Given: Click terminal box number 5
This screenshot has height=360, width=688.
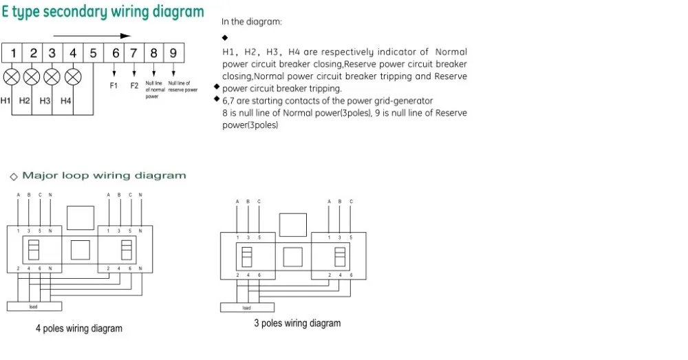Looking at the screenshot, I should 93,53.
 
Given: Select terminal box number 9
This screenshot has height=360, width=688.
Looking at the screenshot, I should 173,53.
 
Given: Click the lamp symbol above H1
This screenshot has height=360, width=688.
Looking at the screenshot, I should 12,75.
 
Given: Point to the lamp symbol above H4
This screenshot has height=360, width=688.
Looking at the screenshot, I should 72,75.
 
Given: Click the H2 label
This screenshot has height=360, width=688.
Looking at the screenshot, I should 25,101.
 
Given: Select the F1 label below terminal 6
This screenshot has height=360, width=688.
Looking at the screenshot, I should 114,86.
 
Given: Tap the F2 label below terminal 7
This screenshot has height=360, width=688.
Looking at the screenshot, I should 134,86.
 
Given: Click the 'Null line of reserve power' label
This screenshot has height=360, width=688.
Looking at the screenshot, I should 182,87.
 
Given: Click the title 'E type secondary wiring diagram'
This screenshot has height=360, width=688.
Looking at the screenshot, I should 103,12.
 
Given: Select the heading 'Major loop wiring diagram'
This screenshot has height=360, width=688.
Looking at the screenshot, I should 104,176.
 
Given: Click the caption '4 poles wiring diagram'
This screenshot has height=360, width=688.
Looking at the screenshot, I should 79,328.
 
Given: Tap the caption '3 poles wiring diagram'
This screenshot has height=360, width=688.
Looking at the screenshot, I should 297,323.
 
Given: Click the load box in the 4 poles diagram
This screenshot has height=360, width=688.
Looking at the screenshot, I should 34,306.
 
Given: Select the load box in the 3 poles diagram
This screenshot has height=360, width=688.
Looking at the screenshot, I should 246,308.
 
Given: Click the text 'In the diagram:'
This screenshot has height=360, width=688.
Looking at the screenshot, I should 252,21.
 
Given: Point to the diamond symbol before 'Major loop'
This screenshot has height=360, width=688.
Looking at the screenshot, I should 13,176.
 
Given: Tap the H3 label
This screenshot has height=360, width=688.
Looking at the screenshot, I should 45,101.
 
